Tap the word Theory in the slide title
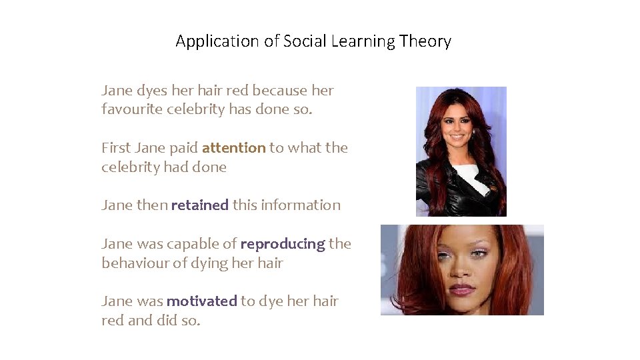425,41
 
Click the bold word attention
233,148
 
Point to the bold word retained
199,205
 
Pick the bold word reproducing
282,244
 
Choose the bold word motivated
201,301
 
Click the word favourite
132,109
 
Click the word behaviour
135,263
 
